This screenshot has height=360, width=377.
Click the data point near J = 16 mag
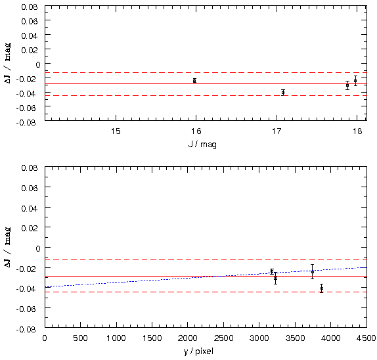pyautogui.click(x=195, y=81)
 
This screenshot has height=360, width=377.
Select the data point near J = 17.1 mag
pyautogui.click(x=283, y=93)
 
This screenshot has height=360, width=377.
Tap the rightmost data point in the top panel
pyautogui.click(x=355, y=81)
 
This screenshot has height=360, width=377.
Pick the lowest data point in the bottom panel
pyautogui.click(x=322, y=288)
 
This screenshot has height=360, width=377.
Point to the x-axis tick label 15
pyautogui.click(x=116, y=131)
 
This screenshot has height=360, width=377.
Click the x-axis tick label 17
pyautogui.click(x=277, y=131)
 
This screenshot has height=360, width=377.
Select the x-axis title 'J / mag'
pyautogui.click(x=202, y=145)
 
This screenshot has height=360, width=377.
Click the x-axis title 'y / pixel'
pyautogui.click(x=198, y=351)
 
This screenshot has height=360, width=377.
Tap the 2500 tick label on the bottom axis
pyautogui.click(x=223, y=338)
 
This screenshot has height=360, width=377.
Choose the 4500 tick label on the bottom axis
pyautogui.click(x=366, y=338)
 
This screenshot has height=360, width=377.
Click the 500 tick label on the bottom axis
pyautogui.click(x=80, y=338)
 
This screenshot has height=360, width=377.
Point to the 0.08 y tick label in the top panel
pyautogui.click(x=30, y=7)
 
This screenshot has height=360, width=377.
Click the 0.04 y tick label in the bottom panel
pyautogui.click(x=30, y=208)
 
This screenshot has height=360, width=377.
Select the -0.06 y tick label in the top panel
pyautogui.click(x=27, y=108)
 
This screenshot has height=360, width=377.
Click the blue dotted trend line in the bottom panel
pyautogui.click(x=206, y=277)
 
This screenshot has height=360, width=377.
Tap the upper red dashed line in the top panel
pyautogui.click(x=206, y=72)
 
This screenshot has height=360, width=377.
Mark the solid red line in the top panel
pyautogui.click(x=206, y=83)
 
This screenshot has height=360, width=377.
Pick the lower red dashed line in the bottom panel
pyautogui.click(x=206, y=292)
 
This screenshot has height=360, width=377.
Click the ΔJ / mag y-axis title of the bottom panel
pyautogui.click(x=8, y=247)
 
